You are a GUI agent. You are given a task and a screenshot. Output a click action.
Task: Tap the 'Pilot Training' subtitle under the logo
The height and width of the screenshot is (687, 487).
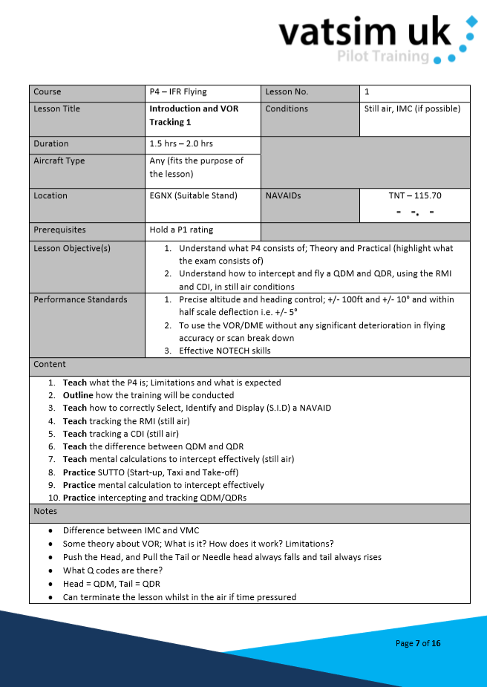pos(383,56)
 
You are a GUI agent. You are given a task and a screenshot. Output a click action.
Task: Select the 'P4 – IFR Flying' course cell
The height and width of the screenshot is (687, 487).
pos(178,92)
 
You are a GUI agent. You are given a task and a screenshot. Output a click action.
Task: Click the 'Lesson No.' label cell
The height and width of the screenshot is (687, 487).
pos(287,92)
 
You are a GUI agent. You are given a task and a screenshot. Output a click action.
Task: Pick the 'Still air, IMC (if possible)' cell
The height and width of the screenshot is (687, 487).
pos(412,108)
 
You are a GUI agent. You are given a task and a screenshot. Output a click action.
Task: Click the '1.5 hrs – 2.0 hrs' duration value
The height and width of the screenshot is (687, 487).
pos(181,143)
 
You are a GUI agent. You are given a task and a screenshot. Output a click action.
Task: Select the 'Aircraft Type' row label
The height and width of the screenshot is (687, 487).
pos(59,160)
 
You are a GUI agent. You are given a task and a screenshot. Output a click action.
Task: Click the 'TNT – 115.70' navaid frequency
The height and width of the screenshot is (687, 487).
pos(415,195)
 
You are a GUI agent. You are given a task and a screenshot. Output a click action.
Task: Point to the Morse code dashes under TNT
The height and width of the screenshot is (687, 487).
pos(415,212)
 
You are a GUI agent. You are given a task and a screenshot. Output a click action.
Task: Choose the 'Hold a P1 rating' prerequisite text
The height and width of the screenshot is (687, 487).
pos(181,230)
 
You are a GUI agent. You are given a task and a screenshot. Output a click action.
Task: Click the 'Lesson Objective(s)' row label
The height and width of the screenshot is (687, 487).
pos(72,248)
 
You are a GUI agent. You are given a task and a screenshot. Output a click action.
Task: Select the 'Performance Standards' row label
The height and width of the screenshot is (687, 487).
pos(80,299)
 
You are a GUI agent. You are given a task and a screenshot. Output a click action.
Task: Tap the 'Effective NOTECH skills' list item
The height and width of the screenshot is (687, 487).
pos(224,351)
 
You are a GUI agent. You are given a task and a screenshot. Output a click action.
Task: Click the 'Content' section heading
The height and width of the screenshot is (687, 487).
pos(50,364)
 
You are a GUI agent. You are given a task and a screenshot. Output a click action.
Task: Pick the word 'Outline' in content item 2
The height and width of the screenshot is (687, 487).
pos(78,395)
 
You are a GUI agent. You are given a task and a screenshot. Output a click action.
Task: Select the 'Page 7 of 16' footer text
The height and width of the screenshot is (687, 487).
pos(418,643)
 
